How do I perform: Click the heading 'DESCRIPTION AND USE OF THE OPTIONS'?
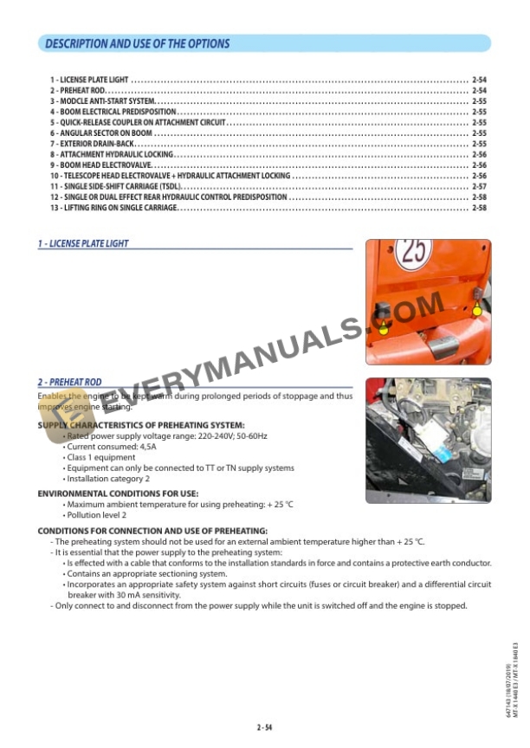[x=137, y=43]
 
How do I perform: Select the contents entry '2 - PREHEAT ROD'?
[x=78, y=90]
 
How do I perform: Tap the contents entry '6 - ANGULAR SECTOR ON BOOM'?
[x=101, y=133]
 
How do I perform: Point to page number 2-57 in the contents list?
[x=479, y=186]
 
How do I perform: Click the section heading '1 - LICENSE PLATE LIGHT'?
[x=83, y=244]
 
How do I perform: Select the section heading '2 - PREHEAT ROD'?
[x=69, y=382]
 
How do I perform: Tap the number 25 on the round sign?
[x=414, y=253]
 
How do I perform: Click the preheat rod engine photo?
[x=428, y=440]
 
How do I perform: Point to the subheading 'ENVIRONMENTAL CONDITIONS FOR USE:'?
[x=118, y=493]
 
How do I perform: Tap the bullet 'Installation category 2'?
[x=108, y=478]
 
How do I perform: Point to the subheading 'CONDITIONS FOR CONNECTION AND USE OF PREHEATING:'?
[x=152, y=531]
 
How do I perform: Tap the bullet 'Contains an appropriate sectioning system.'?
[x=147, y=574]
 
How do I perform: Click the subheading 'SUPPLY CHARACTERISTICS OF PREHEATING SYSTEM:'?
[x=141, y=425]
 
